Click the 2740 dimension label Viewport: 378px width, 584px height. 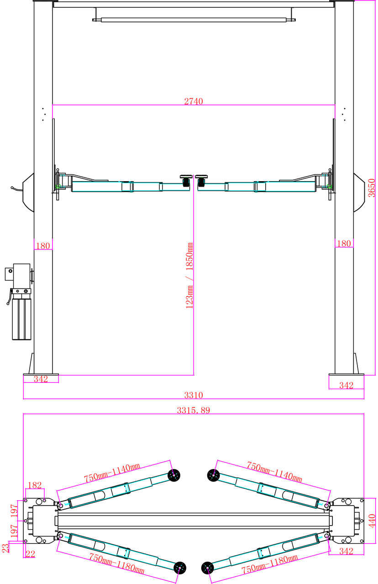(193, 101)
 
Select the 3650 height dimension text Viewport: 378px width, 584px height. (371, 188)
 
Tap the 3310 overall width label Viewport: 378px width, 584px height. (193, 395)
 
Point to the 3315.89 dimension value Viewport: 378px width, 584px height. (193, 410)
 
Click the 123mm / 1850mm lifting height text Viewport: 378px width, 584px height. (189, 276)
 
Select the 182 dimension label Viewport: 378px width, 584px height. (34, 485)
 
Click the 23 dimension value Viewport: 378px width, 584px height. (5, 548)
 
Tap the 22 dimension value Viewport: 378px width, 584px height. (30, 554)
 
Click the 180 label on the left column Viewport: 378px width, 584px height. (43, 245)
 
